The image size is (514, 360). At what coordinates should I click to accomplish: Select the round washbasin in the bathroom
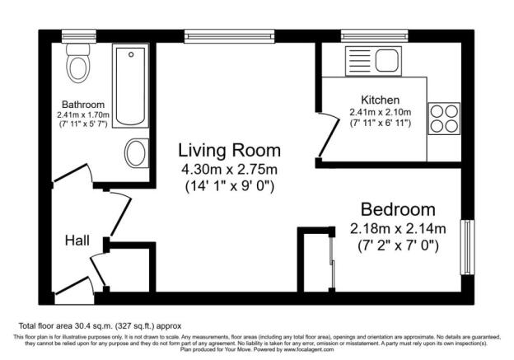(x=134, y=152)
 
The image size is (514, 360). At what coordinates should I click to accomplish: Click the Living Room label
(x=230, y=151)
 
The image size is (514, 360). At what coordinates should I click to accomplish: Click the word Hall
(x=79, y=241)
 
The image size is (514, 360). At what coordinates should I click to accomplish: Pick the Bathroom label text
(x=80, y=105)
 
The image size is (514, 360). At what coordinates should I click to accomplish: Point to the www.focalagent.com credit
(x=314, y=348)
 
